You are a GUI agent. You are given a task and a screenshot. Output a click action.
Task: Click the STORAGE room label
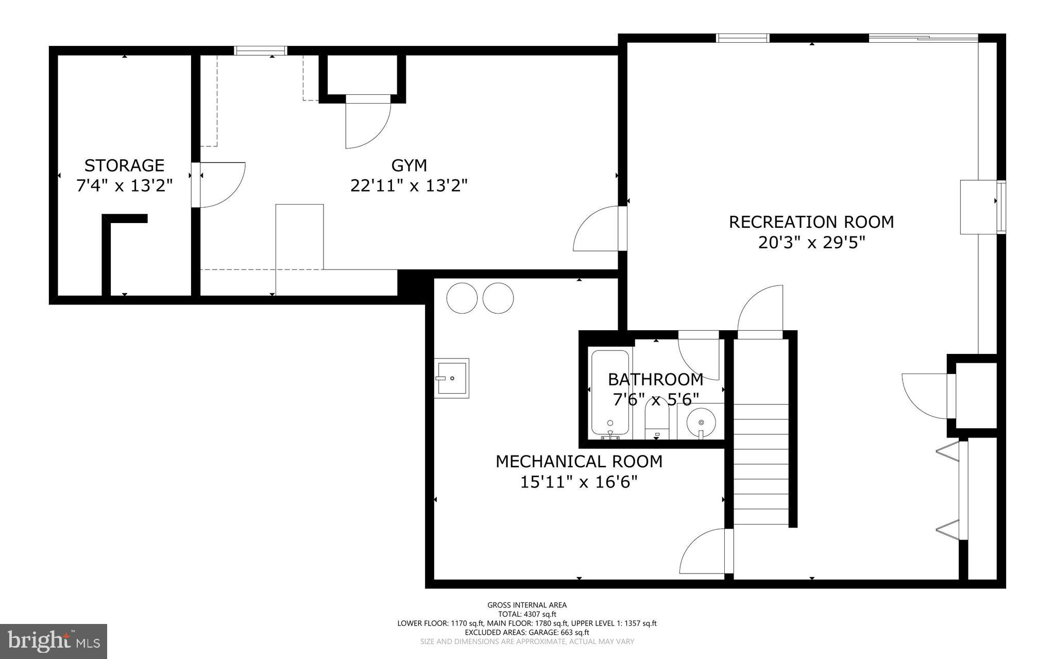124,165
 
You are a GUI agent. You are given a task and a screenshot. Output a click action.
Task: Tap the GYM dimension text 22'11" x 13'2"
409,185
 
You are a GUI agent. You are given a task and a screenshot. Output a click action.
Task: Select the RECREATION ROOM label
811,222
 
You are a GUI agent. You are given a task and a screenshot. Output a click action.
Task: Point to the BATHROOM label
655,379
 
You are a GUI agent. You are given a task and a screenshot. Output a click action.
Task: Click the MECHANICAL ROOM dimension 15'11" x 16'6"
578,482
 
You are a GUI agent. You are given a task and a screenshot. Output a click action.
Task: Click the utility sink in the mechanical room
452,378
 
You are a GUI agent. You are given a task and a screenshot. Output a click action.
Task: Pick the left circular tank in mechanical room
462,298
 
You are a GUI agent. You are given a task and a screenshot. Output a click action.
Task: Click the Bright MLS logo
54,641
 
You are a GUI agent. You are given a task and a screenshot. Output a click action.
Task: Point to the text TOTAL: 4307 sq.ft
527,614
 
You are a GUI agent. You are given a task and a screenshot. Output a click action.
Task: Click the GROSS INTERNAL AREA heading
527,605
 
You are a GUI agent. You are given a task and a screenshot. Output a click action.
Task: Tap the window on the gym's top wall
260,50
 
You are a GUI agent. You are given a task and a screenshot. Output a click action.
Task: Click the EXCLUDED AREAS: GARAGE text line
527,632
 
